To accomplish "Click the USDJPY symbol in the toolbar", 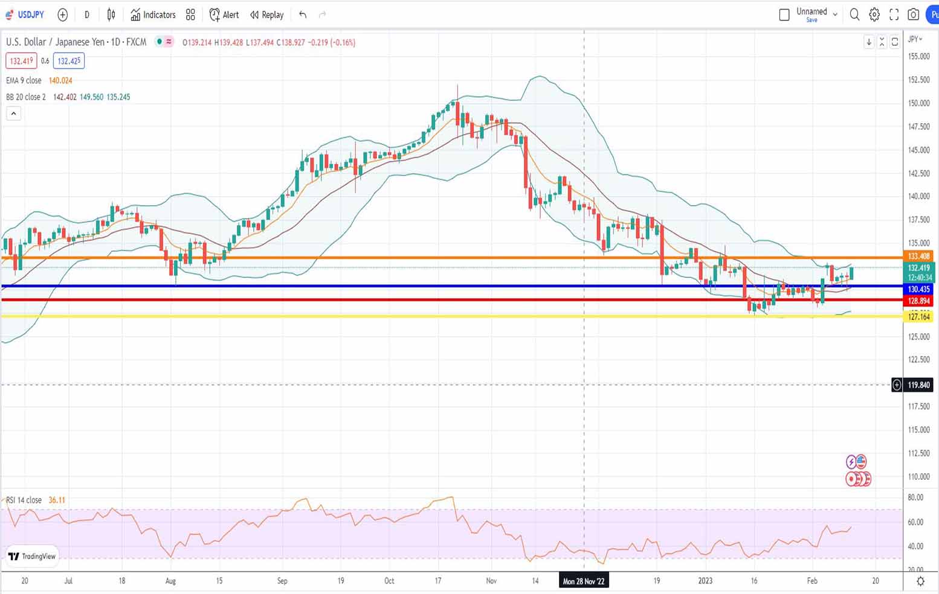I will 30,14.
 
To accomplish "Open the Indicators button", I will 153,14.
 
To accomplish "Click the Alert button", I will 224,14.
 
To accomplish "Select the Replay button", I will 267,14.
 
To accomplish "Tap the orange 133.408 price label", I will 918,257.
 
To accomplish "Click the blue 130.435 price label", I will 918,289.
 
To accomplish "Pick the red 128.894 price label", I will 918,301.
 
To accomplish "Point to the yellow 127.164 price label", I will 918,317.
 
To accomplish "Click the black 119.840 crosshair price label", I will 918,385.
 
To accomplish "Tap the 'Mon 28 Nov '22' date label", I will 583,581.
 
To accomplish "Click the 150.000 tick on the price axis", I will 918,103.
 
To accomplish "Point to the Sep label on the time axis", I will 282,581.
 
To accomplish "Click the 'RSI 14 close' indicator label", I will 24,500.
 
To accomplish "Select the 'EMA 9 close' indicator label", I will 24,80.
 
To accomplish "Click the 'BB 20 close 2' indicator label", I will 26,97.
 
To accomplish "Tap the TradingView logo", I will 32,556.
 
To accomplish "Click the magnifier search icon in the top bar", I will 854,14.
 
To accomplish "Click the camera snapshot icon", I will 914,14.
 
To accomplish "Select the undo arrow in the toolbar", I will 303,14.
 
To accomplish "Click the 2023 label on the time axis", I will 705,581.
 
